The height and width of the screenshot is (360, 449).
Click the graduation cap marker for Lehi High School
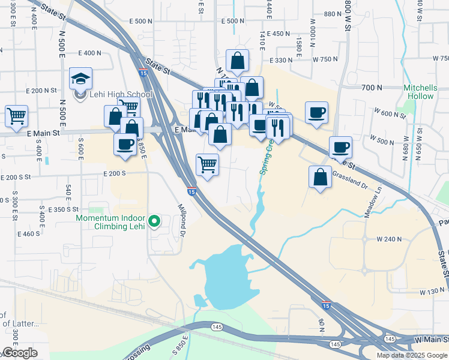pyautogui.click(x=80, y=79)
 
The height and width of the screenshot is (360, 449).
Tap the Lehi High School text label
pyautogui.click(x=121, y=94)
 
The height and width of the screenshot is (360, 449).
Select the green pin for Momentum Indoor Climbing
pyautogui.click(x=155, y=221)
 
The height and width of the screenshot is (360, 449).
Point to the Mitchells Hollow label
pyautogui.click(x=420, y=92)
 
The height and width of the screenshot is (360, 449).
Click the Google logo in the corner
pyautogui.click(x=19, y=353)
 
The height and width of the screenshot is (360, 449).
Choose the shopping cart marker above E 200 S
pyautogui.click(x=207, y=164)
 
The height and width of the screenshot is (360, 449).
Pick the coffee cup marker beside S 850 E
pyautogui.click(x=125, y=145)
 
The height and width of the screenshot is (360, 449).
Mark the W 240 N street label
pyautogui.click(x=389, y=239)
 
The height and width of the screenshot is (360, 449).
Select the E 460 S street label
pyautogui.click(x=29, y=233)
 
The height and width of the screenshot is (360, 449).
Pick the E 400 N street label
pyautogui.click(x=89, y=53)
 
